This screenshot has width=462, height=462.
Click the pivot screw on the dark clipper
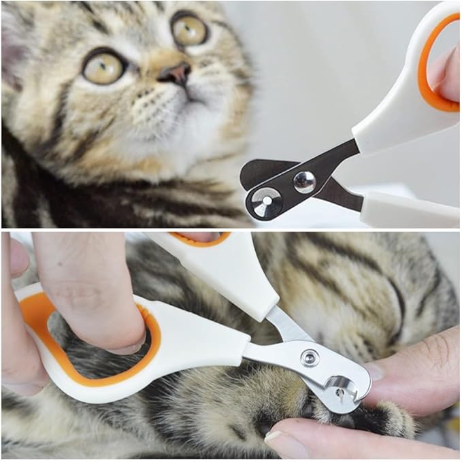303,181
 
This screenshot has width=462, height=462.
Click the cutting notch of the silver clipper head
344,390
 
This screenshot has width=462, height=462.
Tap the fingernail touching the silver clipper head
374,371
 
